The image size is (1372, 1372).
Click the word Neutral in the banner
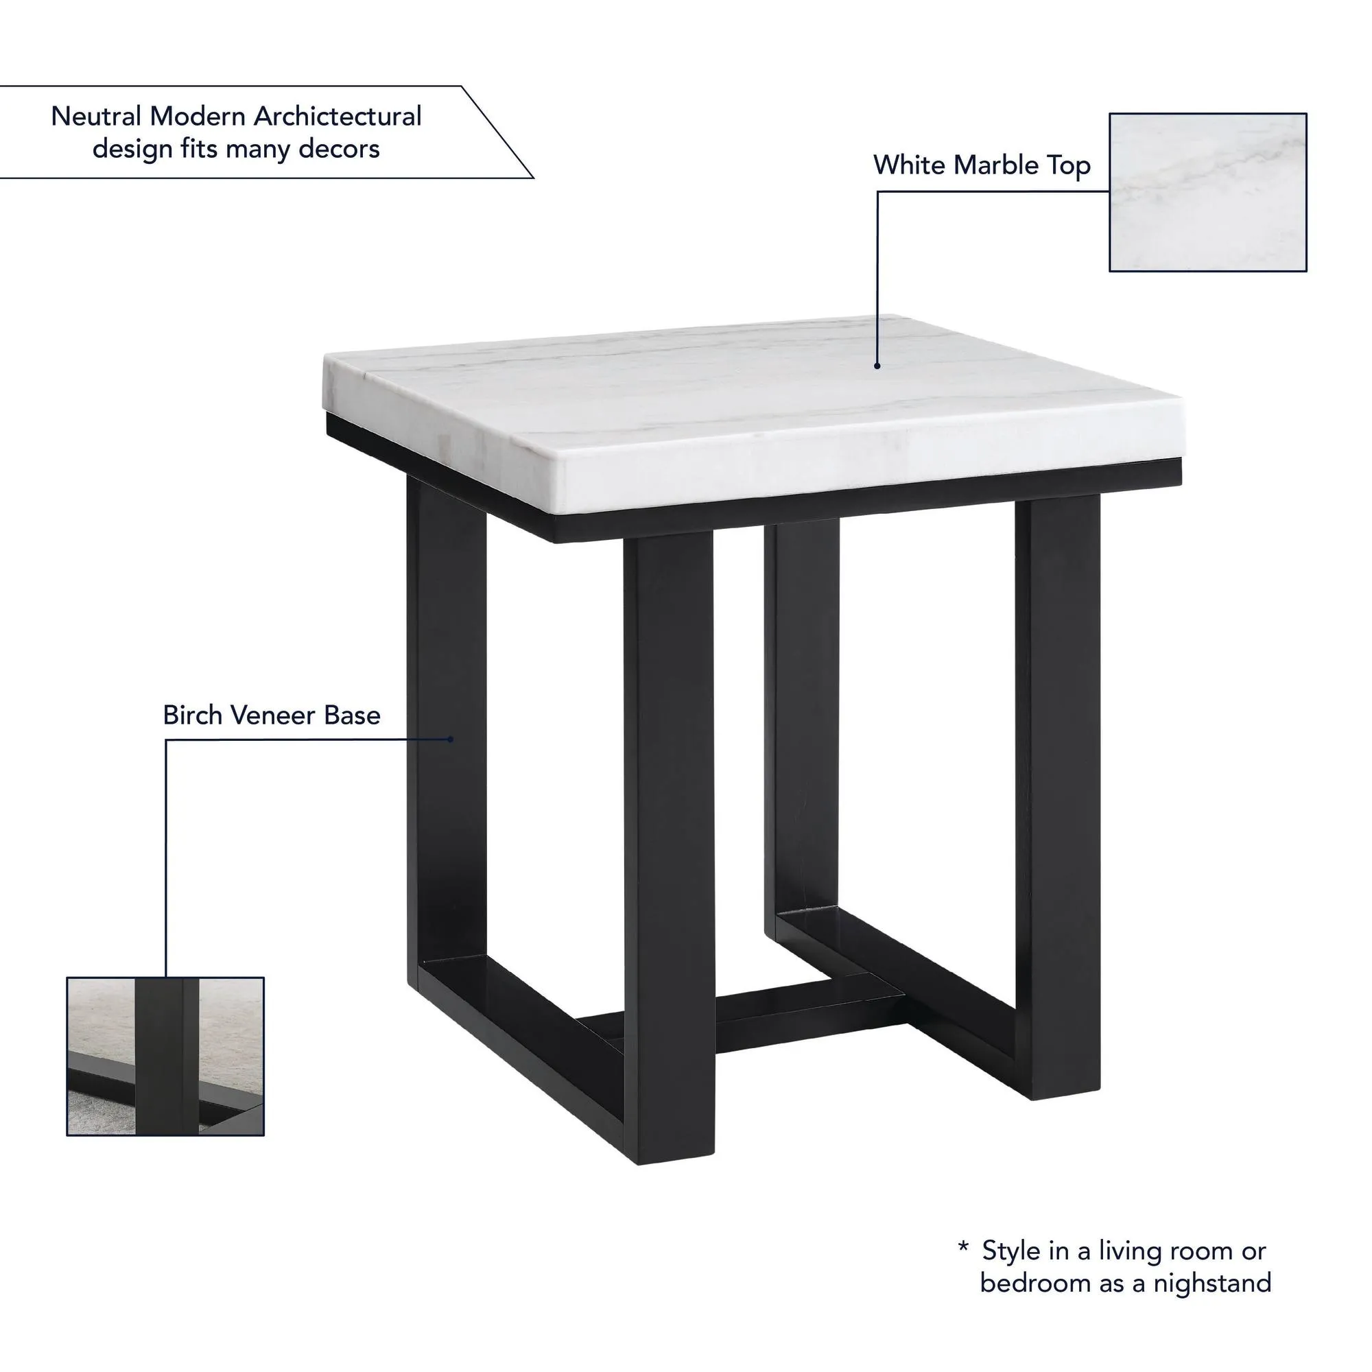tap(97, 117)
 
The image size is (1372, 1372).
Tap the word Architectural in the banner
tap(338, 117)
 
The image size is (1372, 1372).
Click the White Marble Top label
tap(982, 165)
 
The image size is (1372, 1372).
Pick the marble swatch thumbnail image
tap(1208, 193)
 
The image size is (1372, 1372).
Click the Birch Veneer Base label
tap(271, 715)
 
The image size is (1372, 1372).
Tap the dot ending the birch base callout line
tap(450, 740)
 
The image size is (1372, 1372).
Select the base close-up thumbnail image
tap(165, 1056)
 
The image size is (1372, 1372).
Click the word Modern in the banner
tap(198, 117)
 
